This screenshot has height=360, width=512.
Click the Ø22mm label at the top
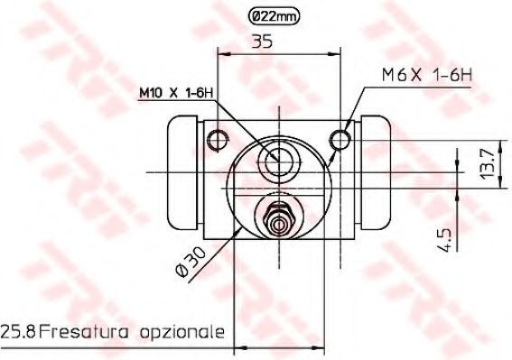point(274,15)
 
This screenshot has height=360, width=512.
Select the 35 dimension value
point(262,42)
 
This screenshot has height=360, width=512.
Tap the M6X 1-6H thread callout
point(427,76)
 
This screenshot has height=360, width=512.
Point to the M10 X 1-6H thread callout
point(176,93)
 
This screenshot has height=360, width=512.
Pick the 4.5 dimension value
point(445,240)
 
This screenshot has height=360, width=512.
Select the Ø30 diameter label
point(191,262)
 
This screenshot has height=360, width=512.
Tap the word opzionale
point(182,333)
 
